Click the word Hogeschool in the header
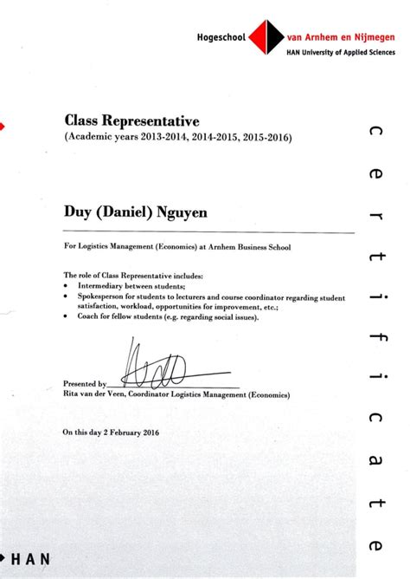(222, 38)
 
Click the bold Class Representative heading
(131, 120)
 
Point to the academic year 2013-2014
(153, 137)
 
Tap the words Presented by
(85, 382)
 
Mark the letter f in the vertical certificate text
(373, 329)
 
